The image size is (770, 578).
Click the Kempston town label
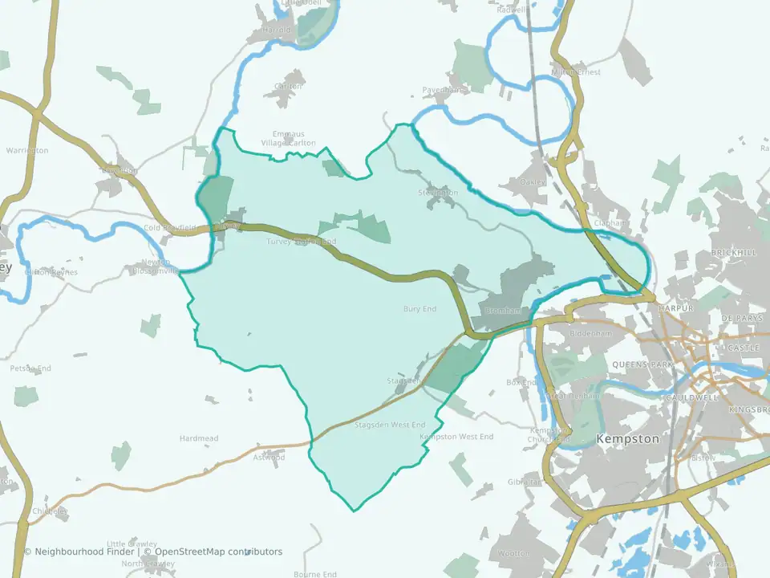click(628, 439)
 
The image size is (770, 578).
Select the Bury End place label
click(419, 308)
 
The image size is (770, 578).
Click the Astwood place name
click(269, 458)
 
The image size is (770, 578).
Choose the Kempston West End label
click(457, 437)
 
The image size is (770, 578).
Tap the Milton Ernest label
click(577, 72)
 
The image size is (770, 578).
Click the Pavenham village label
click(442, 91)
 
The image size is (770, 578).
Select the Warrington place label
click(27, 150)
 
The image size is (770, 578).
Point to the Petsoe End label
click(30, 368)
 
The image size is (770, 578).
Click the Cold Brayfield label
click(169, 228)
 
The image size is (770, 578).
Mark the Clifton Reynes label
click(51, 272)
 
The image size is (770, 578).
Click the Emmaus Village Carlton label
click(288, 138)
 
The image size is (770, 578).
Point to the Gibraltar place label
click(525, 482)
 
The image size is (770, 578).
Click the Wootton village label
click(514, 554)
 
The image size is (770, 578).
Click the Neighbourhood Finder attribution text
click(79, 552)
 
